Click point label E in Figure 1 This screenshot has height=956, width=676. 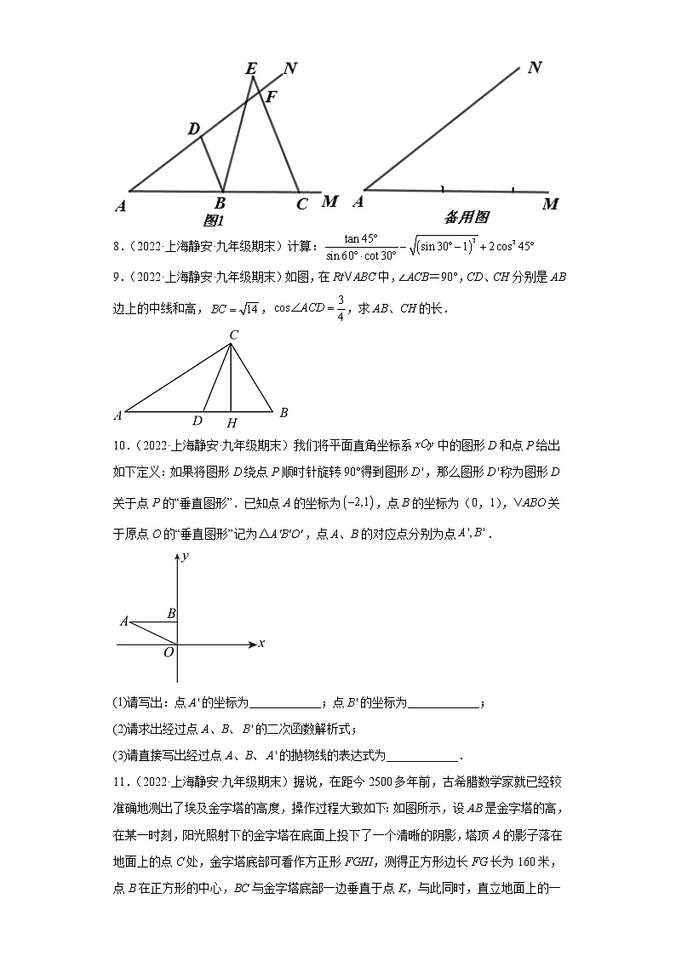[251, 69]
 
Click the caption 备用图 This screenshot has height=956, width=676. [466, 217]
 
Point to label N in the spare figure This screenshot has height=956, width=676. [535, 67]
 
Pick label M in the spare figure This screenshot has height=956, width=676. [551, 203]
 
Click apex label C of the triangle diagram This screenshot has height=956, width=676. [233, 335]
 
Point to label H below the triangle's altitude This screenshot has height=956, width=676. [231, 422]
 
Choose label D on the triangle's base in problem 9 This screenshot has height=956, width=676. [198, 421]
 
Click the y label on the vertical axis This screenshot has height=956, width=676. [184, 555]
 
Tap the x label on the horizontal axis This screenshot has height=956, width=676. [261, 644]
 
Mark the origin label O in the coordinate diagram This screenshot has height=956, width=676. [169, 652]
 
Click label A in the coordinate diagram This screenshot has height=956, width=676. [124, 621]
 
